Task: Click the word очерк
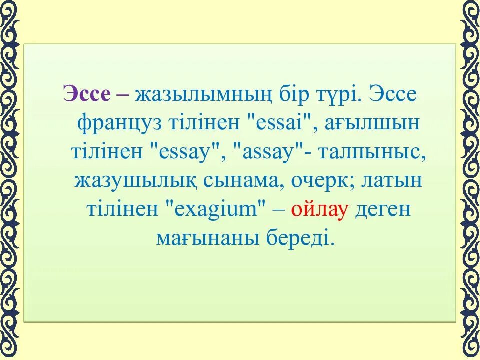click(314, 181)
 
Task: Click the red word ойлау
click(320, 210)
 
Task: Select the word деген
click(383, 210)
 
